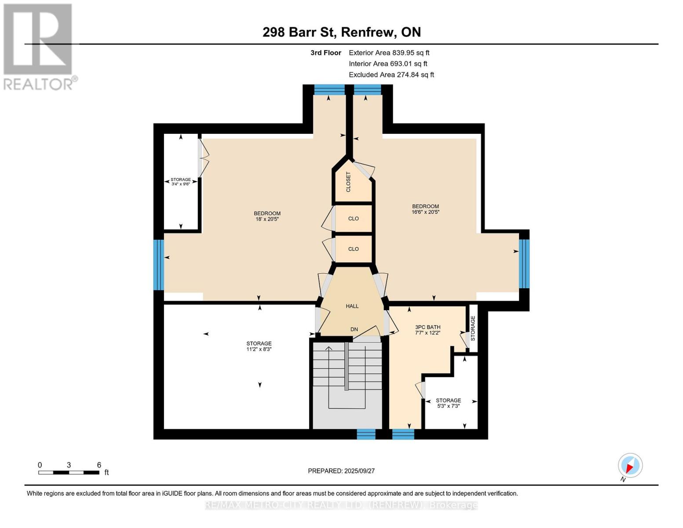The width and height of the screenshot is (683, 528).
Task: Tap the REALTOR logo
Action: coord(39,47)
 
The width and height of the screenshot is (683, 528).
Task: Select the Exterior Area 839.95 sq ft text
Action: coord(389,53)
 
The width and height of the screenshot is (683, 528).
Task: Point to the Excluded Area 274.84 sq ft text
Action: coord(391,75)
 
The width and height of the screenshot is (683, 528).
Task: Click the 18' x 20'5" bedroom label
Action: coord(267,216)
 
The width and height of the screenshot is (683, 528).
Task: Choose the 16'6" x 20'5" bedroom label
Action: coord(425,209)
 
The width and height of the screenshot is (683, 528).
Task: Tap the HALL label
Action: coord(352,306)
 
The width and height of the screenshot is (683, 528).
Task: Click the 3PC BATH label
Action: coord(427,330)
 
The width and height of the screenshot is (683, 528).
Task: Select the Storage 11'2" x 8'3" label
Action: coord(259,346)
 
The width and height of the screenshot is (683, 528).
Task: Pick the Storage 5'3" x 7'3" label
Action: coord(448,403)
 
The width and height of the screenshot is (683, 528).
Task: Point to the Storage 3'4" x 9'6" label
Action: coord(181,181)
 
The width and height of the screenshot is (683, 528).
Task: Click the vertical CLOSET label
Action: coord(348,182)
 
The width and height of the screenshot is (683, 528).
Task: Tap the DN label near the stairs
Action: coord(354,329)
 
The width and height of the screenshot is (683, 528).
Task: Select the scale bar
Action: coord(69,472)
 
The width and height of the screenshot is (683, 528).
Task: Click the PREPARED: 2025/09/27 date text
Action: coord(341,471)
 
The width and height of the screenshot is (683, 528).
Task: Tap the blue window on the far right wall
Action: coord(524,264)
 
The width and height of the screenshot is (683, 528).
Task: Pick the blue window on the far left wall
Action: coord(159,265)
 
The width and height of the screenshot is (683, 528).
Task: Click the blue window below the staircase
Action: coord(366,434)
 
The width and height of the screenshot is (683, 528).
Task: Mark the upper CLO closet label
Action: coord(353,219)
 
